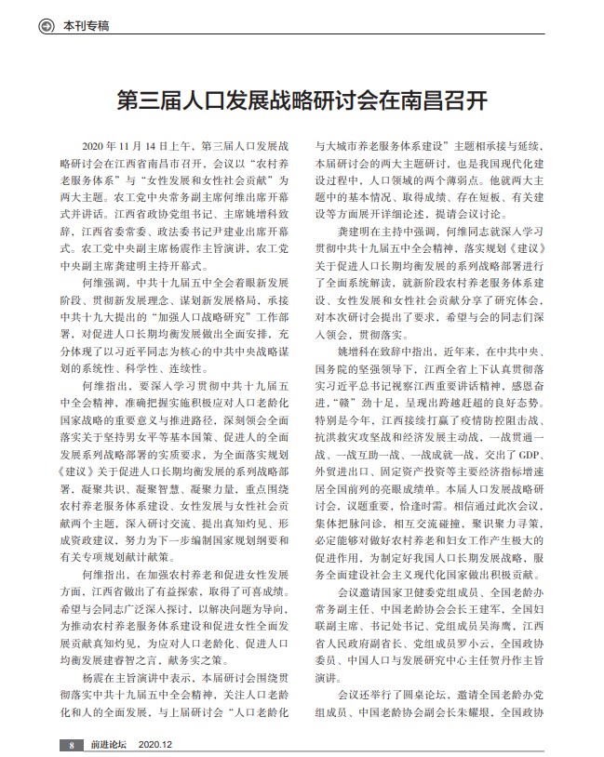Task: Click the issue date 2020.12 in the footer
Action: click(x=155, y=745)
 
